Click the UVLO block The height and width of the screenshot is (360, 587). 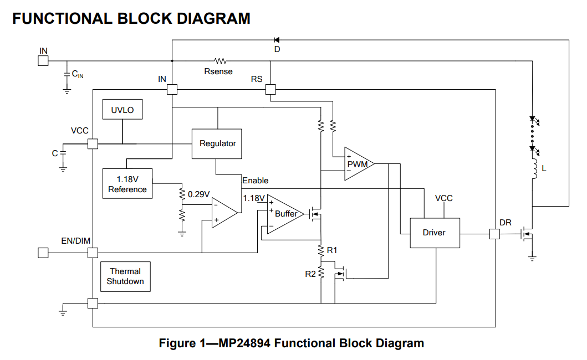(x=122, y=109)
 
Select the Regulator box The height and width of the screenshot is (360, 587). (x=217, y=143)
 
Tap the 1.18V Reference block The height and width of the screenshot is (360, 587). (x=127, y=183)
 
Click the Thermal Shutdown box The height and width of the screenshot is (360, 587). (x=125, y=276)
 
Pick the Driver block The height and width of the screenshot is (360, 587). (x=435, y=233)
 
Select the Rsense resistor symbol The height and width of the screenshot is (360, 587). (x=220, y=60)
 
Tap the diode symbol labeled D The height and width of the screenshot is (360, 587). (x=277, y=40)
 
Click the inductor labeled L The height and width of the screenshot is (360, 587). (x=534, y=169)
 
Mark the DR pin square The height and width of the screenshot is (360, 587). (x=494, y=234)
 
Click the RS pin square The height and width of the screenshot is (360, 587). (x=270, y=89)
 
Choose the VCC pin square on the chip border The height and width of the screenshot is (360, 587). (x=93, y=143)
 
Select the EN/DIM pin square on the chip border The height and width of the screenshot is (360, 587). (x=93, y=253)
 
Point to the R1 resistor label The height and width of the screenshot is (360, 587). (x=332, y=250)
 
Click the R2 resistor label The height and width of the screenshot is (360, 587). (x=310, y=274)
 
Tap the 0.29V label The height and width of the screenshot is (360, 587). (x=198, y=194)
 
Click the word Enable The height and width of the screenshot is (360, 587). (x=256, y=181)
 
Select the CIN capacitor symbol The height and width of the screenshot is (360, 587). (x=67, y=74)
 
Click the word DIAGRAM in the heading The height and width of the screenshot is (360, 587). (x=213, y=18)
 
